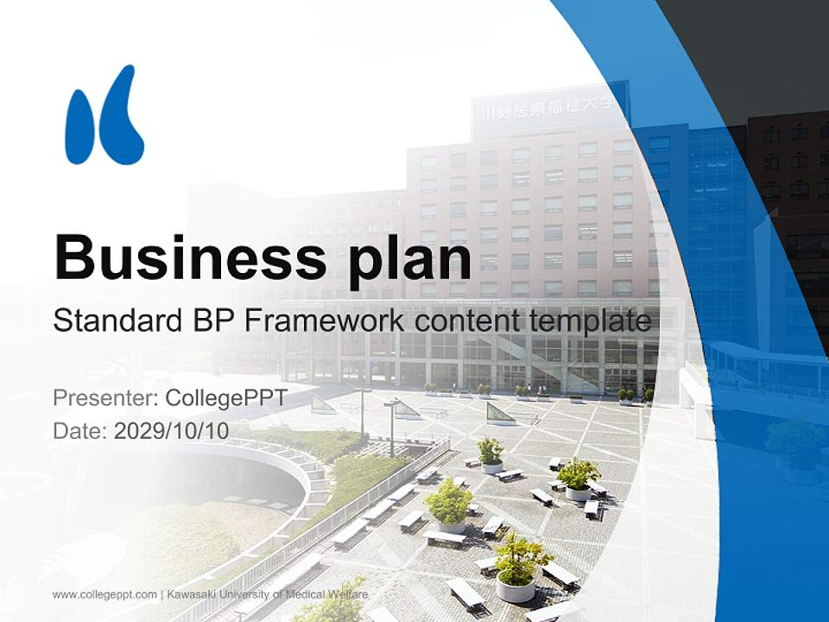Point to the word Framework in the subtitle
[x=327, y=321]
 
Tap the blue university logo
[x=104, y=116]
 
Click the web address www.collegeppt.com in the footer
[x=104, y=594]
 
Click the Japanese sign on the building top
[x=547, y=108]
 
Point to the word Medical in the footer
[x=303, y=594]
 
